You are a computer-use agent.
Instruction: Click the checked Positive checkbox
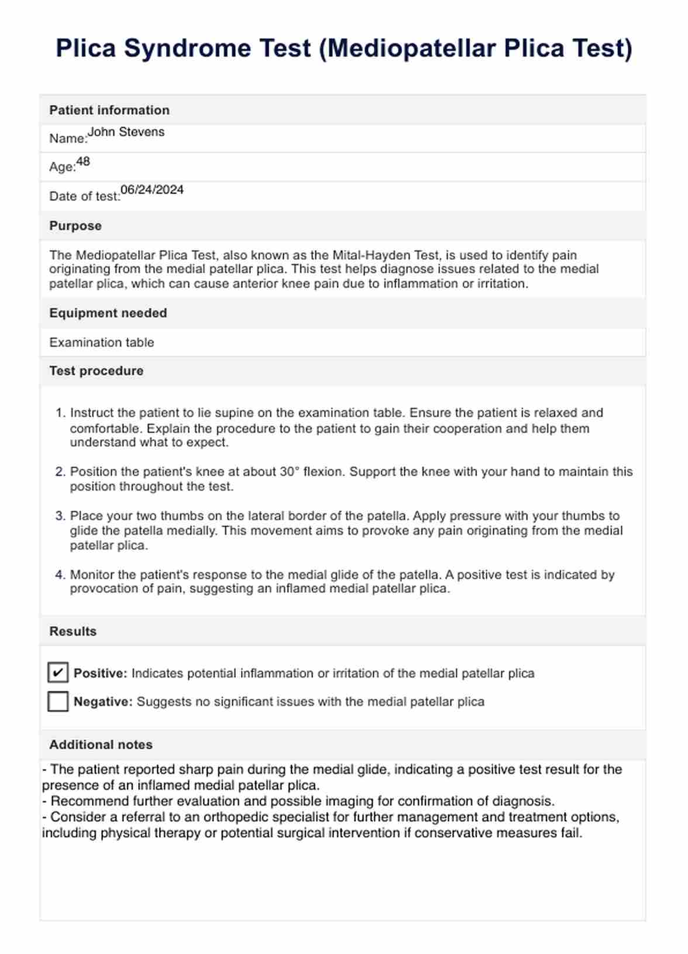pyautogui.click(x=58, y=672)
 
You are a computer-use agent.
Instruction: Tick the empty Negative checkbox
pyautogui.click(x=58, y=701)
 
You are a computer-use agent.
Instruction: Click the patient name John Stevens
pyautogui.click(x=126, y=132)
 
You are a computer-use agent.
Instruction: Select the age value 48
pyautogui.click(x=83, y=162)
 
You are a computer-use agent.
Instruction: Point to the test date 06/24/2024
pyautogui.click(x=152, y=190)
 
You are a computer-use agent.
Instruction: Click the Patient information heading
pyautogui.click(x=109, y=110)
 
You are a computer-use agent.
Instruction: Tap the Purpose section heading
pyautogui.click(x=75, y=226)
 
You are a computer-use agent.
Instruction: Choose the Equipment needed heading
pyautogui.click(x=108, y=313)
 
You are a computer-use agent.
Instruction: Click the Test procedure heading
pyautogui.click(x=97, y=371)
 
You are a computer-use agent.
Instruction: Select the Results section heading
pyautogui.click(x=73, y=632)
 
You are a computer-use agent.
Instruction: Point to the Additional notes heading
pyautogui.click(x=101, y=744)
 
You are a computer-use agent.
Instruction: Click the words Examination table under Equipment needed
pyautogui.click(x=102, y=342)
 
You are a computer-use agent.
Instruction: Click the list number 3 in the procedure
pyautogui.click(x=60, y=516)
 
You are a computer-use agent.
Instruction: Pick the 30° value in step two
pyautogui.click(x=290, y=472)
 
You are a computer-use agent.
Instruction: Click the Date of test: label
pyautogui.click(x=85, y=197)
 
